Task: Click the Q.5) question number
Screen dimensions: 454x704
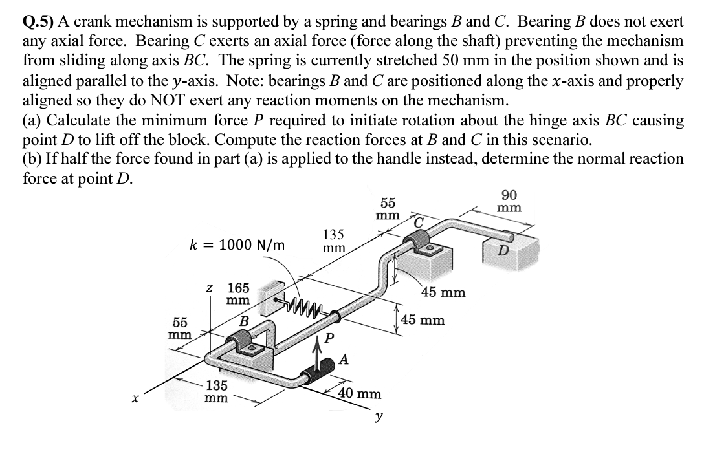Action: click(38, 21)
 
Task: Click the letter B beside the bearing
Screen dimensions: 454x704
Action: click(244, 321)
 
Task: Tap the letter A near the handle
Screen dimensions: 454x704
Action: click(345, 360)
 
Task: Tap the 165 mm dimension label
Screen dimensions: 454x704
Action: click(239, 294)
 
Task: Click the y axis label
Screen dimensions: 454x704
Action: click(378, 416)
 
